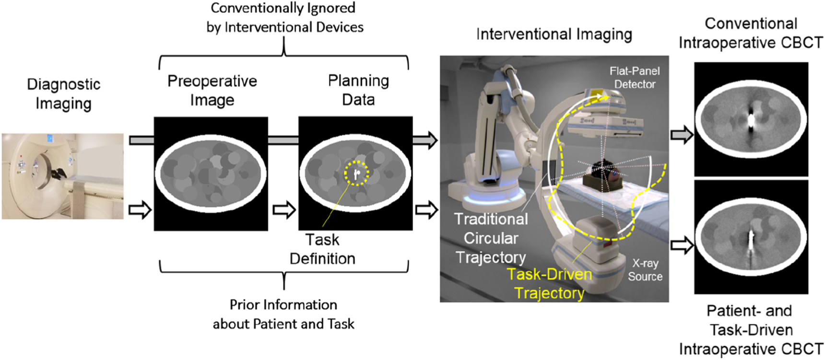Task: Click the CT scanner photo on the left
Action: coord(62,176)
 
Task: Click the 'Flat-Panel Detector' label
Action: coord(634,78)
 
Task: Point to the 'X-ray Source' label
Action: coord(645,270)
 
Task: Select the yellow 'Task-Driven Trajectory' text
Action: coord(549,283)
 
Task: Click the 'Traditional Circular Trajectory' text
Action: coord(491,238)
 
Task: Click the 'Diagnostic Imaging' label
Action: coord(63,93)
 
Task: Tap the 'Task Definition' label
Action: coord(322,249)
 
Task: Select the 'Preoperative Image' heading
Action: coord(212,90)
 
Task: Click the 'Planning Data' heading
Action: coord(358,90)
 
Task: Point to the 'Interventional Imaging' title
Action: coord(554,35)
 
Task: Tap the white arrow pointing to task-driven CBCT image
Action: coord(682,245)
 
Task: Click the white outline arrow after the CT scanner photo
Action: coord(140,210)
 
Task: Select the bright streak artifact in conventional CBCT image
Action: coord(751,120)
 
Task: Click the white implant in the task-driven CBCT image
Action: coord(752,237)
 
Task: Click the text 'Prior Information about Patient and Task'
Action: coord(283,314)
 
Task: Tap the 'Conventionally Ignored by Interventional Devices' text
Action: coord(284,18)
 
